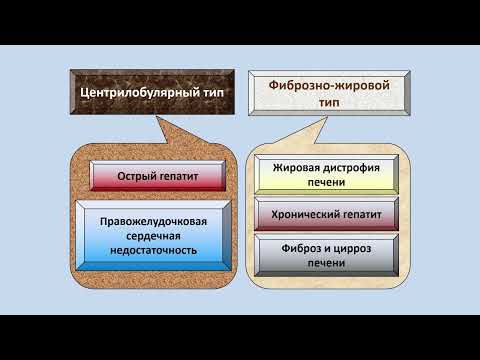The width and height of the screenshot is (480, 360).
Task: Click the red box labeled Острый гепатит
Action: click(161, 177)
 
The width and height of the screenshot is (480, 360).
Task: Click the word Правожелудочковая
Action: click(161, 220)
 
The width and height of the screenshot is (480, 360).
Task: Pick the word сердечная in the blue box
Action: click(161, 235)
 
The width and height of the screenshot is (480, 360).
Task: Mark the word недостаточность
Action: click(161, 250)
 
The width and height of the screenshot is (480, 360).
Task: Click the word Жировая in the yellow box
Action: click(297, 168)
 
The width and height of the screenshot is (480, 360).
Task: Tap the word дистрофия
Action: click(346, 168)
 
